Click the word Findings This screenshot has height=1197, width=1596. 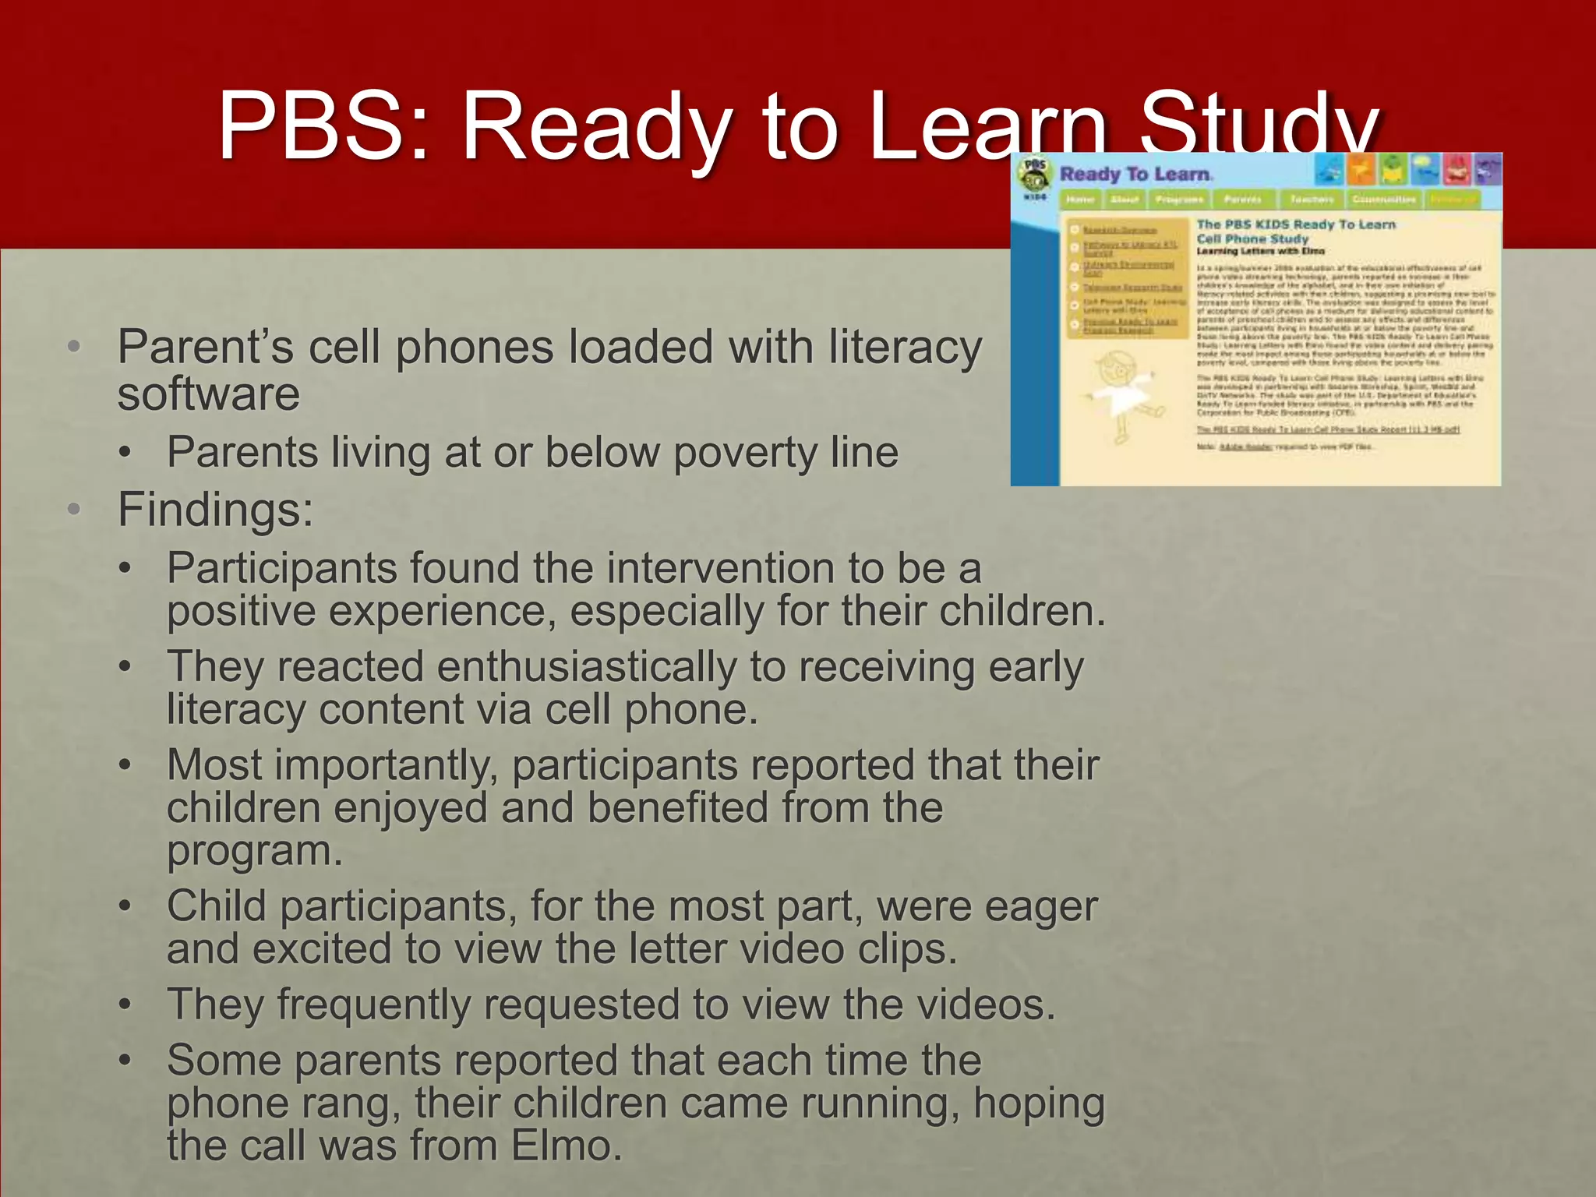click(215, 510)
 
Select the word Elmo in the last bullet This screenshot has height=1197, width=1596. click(566, 1146)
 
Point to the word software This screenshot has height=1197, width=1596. click(209, 394)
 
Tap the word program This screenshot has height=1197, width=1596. click(254, 850)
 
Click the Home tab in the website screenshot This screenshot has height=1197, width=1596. click(1080, 199)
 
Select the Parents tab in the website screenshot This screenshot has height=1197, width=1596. click(1242, 199)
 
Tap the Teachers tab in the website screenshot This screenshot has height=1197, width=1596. click(1312, 199)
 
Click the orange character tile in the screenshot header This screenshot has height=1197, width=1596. click(1361, 169)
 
